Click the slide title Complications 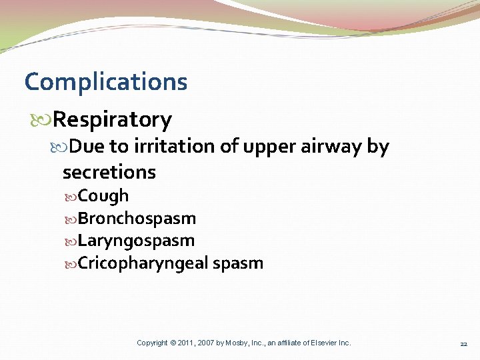pos(106,82)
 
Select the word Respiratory pos(112,120)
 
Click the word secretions pos(109,172)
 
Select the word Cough pos(103,196)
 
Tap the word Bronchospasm pos(137,219)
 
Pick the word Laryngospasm pos(136,241)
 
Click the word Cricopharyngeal pos(143,263)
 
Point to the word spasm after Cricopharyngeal pos(238,263)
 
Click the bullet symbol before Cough pos(71,197)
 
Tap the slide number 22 pos(463,343)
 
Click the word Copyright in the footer pos(152,343)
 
